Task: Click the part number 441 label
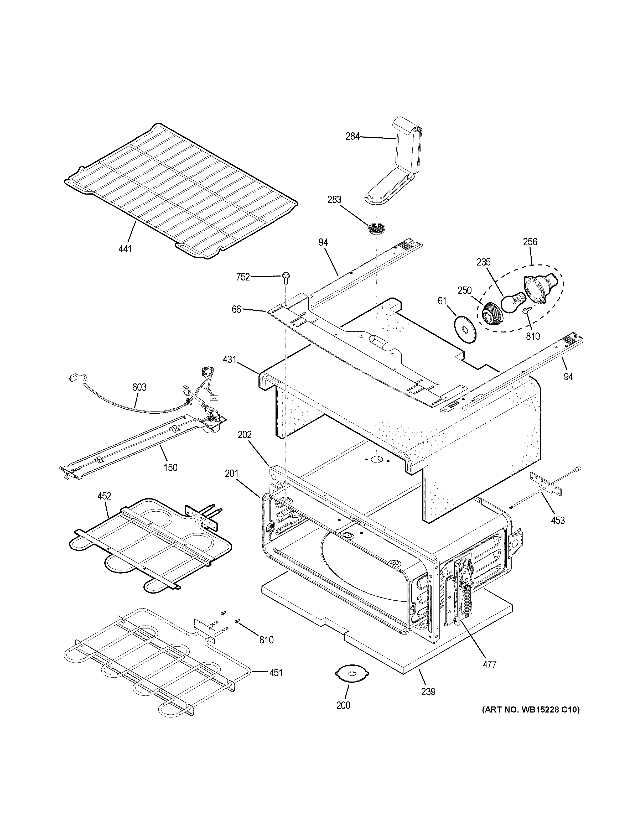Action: click(x=125, y=249)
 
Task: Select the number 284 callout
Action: click(x=352, y=136)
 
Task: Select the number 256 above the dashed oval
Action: click(x=530, y=242)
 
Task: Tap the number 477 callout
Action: click(x=490, y=664)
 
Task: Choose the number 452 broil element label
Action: click(x=104, y=496)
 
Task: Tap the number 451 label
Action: click(x=276, y=673)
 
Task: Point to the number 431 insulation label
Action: click(x=230, y=359)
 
